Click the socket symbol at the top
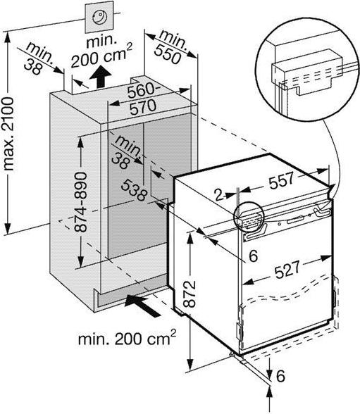click(x=100, y=17)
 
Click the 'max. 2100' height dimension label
click(x=8, y=134)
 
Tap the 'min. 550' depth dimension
click(x=169, y=46)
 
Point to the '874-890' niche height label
click(x=80, y=201)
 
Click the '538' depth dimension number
click(x=134, y=190)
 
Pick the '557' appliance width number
click(x=281, y=180)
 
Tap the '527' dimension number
click(x=287, y=269)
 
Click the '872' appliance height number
click(x=190, y=294)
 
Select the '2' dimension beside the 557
click(x=219, y=195)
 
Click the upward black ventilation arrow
click(x=100, y=77)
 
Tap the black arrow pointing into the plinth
click(x=142, y=306)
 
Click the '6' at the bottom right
click(x=280, y=376)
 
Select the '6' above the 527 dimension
click(x=254, y=256)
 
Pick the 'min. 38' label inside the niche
click(x=126, y=152)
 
